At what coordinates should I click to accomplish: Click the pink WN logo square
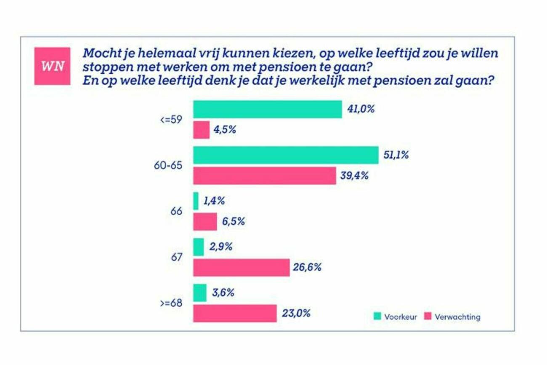pos(52,67)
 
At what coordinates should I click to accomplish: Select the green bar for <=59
pos(267,109)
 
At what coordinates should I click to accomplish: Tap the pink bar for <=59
pos(201,130)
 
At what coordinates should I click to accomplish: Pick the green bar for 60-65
pos(286,155)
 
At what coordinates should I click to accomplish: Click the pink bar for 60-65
pos(265,176)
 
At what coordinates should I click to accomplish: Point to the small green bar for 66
pos(196,201)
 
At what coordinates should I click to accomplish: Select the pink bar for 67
pos(241,268)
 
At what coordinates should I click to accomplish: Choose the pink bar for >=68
pos(235,314)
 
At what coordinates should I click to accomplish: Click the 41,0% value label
pos(360,109)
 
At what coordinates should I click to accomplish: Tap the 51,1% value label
pos(396,155)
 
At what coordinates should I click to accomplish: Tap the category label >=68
pos(171,303)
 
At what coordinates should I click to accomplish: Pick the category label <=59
pos(171,120)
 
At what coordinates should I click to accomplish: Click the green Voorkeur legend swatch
pos(377,316)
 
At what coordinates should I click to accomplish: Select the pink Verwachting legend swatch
pos(428,316)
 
